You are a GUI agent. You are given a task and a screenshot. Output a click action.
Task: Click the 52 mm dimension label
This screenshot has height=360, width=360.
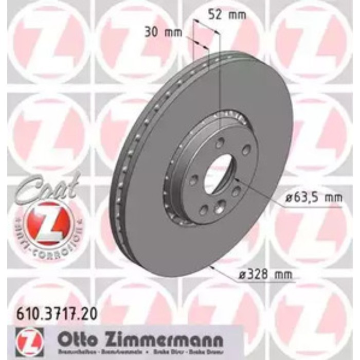226,15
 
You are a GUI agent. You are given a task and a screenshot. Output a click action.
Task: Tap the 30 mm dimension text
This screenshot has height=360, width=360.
164,32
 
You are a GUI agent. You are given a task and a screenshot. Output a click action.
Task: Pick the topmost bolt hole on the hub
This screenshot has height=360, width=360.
220,145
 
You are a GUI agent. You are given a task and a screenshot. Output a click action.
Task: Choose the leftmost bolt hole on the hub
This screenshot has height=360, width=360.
194,181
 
